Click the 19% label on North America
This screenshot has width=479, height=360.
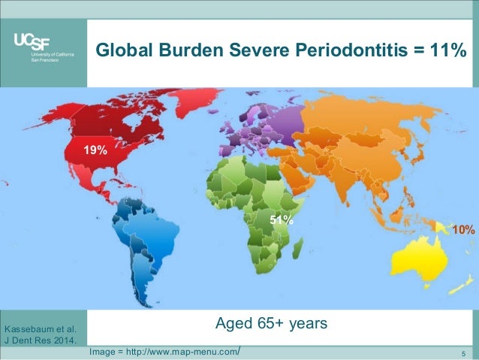[95, 150]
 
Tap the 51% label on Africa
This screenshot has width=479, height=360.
[282, 221]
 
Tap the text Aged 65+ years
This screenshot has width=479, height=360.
[271, 324]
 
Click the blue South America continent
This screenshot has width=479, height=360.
[143, 233]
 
